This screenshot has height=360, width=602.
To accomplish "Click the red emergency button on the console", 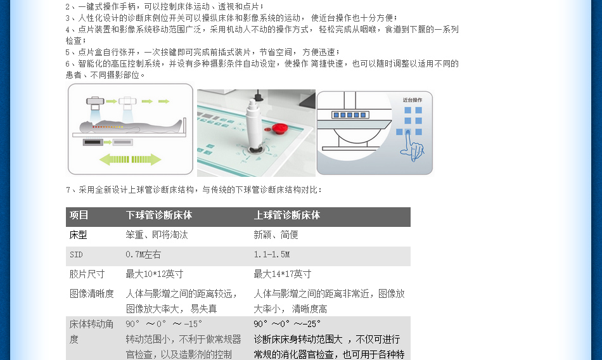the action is coord(279,129).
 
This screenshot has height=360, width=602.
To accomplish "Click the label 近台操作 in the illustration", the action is coord(413,100).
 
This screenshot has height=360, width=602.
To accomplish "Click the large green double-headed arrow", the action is coord(130,160).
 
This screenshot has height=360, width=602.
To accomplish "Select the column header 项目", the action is coord(79,215).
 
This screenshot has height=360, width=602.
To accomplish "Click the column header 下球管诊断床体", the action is coord(159,215).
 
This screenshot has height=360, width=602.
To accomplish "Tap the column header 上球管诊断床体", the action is coord(287,215).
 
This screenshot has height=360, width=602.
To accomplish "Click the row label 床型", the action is coord(79,235).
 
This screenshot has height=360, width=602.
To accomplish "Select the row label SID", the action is coord(76,255).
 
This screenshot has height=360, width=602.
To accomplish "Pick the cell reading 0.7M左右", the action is coord(143,254).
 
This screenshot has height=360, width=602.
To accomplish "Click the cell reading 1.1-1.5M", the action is coord(272,254).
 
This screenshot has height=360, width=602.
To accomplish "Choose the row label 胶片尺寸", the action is coord(87,274).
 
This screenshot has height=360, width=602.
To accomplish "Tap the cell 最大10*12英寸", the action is coord(155,274).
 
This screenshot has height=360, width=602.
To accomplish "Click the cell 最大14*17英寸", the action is coord(283,274).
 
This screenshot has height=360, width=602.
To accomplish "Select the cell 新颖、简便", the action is coord(276,235).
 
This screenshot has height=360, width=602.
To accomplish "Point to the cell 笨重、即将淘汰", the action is coord(157,235).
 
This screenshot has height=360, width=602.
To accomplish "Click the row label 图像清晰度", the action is coord(92,294).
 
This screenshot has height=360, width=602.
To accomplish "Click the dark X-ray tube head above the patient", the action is coord(95,101).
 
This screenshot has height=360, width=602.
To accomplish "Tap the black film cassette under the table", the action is coord(93,142).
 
